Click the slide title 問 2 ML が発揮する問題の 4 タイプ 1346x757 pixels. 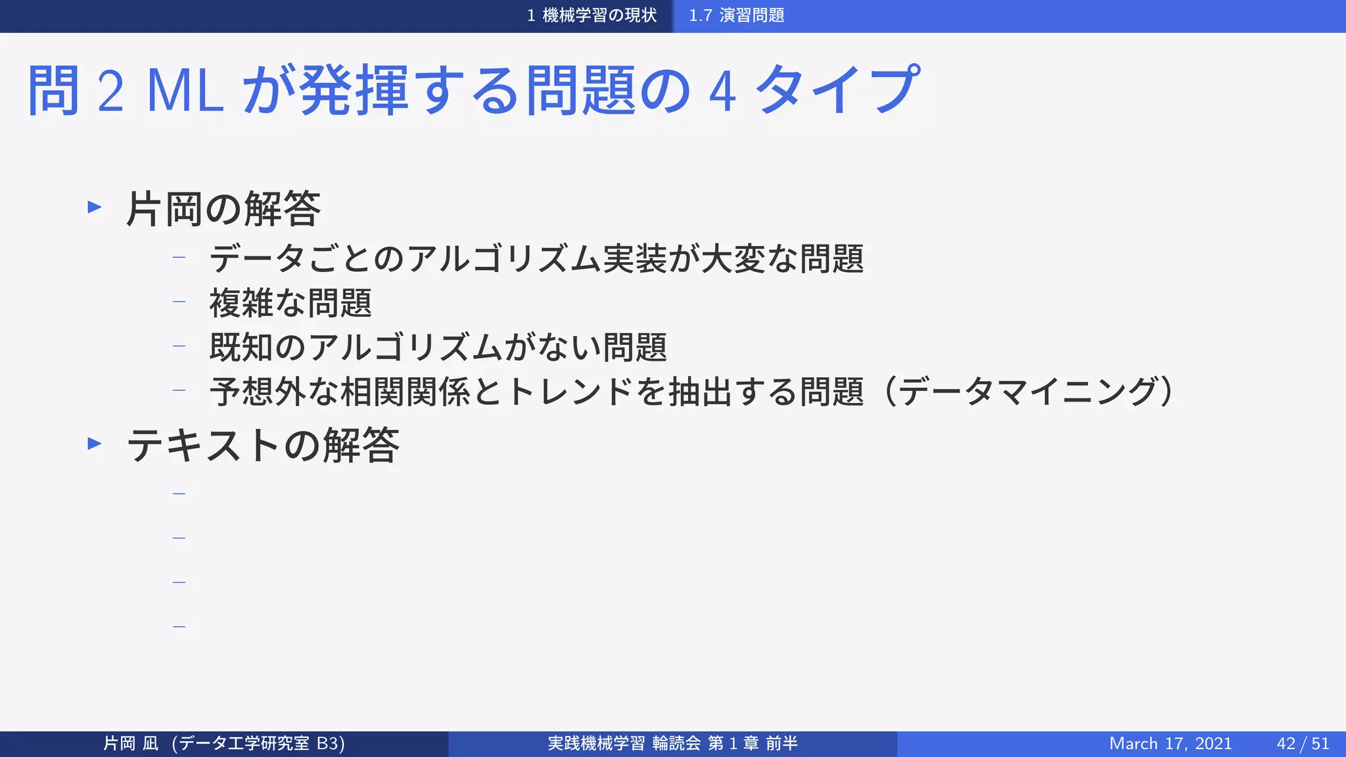point(473,90)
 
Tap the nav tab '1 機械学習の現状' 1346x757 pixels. point(592,15)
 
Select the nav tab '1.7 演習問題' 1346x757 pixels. point(736,15)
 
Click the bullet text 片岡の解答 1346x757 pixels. point(223,209)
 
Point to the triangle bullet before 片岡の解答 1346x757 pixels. point(95,208)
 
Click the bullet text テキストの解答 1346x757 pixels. point(263,445)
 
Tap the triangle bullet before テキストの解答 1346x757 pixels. point(95,444)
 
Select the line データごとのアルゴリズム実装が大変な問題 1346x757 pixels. point(536,258)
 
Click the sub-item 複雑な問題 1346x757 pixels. point(290,303)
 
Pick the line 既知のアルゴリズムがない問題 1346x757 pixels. point(438,347)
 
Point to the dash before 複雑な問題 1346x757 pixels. point(179,302)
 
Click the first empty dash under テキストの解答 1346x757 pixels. point(179,493)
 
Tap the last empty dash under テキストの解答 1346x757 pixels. point(179,627)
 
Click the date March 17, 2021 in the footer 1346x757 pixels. point(1170,743)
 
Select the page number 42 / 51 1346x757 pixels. point(1303,743)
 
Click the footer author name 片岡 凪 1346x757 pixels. point(131,743)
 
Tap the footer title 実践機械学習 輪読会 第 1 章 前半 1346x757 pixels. point(672,743)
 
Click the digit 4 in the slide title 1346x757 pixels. point(722,92)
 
